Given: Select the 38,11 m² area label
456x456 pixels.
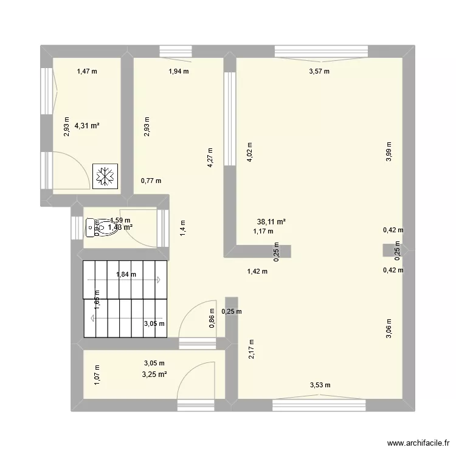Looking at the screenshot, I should coord(272,223).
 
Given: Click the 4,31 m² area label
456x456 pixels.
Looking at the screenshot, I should coord(87,126).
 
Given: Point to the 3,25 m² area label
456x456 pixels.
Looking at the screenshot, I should coord(154,374).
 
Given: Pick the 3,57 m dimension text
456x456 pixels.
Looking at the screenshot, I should coord(319,72).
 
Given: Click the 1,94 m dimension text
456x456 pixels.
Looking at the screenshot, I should coord(178,72).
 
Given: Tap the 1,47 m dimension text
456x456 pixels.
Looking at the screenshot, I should coord(87,72).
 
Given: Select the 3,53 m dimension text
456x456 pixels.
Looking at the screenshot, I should coord(320,384).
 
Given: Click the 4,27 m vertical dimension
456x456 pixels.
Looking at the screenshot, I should coord(210,158).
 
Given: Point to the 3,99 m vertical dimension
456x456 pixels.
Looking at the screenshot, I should coord(389,151).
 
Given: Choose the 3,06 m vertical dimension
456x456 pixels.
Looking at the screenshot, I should coord(389,329).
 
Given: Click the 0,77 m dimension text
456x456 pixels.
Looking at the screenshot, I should coord(151,181).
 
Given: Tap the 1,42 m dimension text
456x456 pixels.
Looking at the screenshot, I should coord(257,272).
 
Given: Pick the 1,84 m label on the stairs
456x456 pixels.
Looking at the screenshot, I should coord(126,275).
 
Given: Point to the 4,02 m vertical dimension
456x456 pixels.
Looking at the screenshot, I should coord(250,151).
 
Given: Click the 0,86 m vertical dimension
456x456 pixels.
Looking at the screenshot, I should coord(211,321).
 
